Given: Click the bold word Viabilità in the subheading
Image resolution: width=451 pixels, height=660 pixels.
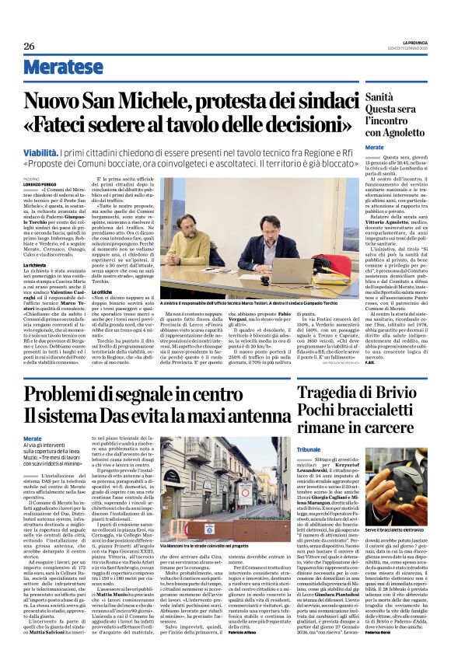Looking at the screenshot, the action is click(45, 154).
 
